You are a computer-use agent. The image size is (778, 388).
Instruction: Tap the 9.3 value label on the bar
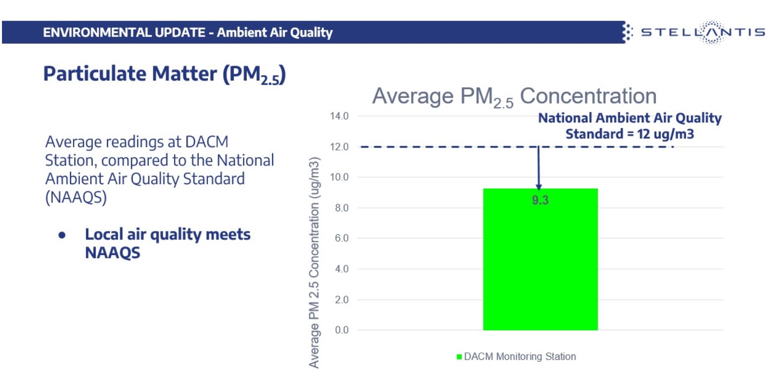point(540,200)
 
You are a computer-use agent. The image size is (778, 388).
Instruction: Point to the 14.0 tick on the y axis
point(339,116)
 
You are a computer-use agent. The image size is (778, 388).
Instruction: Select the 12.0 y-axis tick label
point(339,147)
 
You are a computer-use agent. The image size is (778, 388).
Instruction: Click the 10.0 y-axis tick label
point(339,177)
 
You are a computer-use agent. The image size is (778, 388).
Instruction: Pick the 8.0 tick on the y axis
point(341,208)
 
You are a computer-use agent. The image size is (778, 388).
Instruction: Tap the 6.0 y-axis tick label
point(341,238)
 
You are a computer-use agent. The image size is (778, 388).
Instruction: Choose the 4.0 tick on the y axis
point(341,269)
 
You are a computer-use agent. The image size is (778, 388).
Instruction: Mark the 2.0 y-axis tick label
point(341,300)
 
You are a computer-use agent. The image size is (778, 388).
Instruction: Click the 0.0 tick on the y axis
point(341,330)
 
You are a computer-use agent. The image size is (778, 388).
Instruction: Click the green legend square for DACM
point(459,356)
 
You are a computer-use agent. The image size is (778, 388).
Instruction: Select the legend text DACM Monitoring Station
point(520,356)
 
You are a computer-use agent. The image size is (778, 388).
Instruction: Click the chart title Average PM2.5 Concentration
point(514,96)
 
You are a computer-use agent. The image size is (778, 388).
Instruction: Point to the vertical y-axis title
point(314,262)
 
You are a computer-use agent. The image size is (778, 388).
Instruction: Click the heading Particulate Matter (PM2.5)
point(164,75)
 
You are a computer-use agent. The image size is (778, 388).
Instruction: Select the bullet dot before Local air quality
point(62,235)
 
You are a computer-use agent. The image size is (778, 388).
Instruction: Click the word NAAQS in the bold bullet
point(112,253)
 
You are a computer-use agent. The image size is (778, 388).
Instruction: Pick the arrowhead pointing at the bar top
point(538,187)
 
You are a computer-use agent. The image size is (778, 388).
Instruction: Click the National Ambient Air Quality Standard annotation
point(630,126)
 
